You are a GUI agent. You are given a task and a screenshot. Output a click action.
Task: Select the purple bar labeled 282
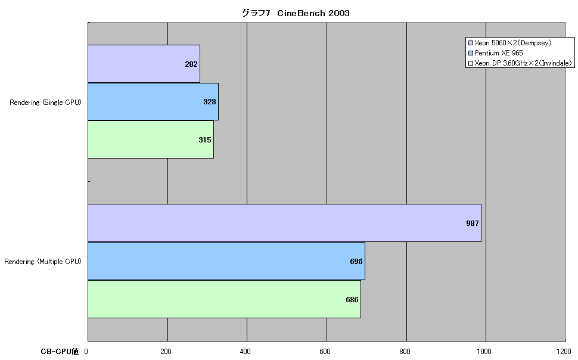tap(144, 64)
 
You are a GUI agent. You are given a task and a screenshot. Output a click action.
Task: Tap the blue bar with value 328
tap(153, 102)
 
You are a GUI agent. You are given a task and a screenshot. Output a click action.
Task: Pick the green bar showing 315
tap(151, 139)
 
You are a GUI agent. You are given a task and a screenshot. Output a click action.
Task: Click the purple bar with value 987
tap(285, 223)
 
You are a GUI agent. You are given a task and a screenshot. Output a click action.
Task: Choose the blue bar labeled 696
tap(226, 261)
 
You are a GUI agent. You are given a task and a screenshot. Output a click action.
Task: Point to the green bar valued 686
tap(224, 299)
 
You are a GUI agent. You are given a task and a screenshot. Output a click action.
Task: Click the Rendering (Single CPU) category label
tap(45, 103)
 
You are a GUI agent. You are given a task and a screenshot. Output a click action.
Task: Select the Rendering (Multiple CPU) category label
tap(43, 262)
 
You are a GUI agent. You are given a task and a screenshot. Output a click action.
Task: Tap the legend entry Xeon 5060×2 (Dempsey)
tap(510, 43)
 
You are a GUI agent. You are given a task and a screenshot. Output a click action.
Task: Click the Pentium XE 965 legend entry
tap(495, 53)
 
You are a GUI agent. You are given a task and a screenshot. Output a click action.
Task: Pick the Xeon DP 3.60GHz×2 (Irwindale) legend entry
tap(520, 63)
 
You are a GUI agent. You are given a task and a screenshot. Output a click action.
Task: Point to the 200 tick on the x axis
tap(166, 352)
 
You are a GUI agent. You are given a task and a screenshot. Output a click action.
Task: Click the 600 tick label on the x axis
tap(325, 352)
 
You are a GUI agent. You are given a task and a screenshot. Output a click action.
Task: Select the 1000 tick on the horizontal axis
tap(484, 352)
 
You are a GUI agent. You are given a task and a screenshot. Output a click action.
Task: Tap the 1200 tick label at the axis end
tap(564, 352)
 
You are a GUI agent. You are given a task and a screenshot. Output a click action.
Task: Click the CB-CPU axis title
tap(60, 352)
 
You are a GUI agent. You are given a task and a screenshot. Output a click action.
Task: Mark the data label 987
tap(472, 223)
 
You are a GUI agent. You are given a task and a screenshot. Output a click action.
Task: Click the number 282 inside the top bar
tap(191, 64)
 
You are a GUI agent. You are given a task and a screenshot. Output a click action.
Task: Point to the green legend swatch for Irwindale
tap(471, 63)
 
